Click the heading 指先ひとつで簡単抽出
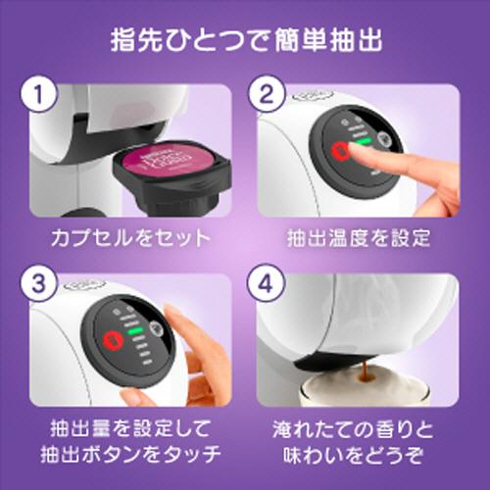(245, 44)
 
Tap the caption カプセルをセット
(130, 238)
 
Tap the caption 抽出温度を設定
(359, 238)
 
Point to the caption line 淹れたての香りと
(359, 428)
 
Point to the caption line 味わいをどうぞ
(359, 456)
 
